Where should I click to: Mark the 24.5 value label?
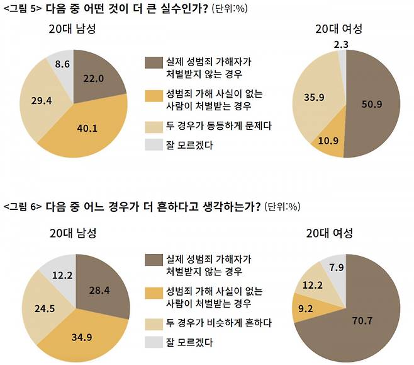pyautogui.click(x=40, y=309)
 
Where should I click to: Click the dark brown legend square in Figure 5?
pyautogui.click(x=154, y=63)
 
